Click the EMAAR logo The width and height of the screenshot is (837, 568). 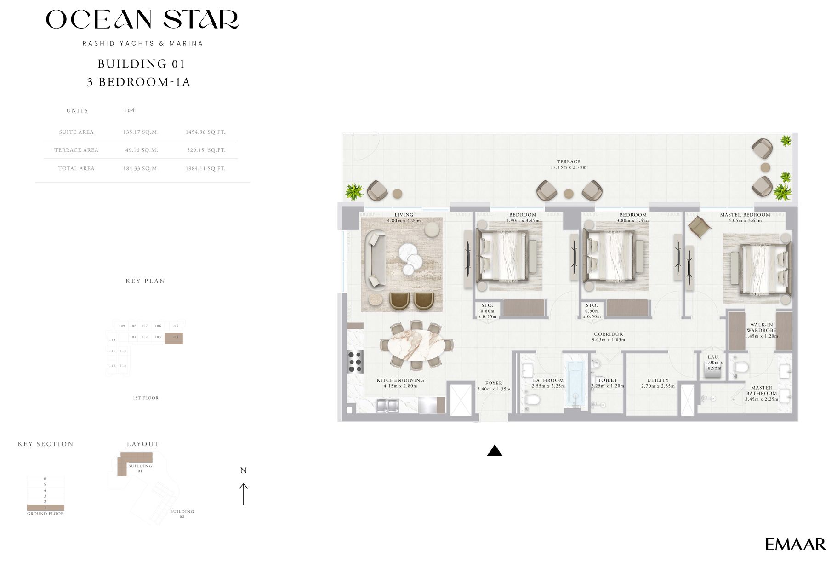[x=795, y=545]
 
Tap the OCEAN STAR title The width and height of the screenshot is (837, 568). [x=142, y=20]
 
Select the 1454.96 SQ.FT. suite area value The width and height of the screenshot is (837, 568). [x=205, y=132]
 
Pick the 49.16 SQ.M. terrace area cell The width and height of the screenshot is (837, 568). [x=141, y=150]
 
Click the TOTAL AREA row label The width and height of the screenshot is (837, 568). [x=76, y=168]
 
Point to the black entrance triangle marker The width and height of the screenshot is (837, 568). [x=495, y=451]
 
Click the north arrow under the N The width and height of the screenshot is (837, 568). [x=244, y=494]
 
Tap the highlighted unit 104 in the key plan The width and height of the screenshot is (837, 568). [x=174, y=338]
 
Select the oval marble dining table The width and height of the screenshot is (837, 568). [x=416, y=345]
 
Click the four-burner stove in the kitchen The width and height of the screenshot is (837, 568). [x=355, y=361]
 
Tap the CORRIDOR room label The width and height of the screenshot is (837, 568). [x=608, y=334]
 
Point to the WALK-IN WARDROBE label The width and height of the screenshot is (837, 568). [x=761, y=327]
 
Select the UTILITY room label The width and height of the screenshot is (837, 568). [x=658, y=380]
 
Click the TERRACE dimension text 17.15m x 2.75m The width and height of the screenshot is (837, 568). [x=569, y=167]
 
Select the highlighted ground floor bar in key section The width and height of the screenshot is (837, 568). [x=46, y=507]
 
